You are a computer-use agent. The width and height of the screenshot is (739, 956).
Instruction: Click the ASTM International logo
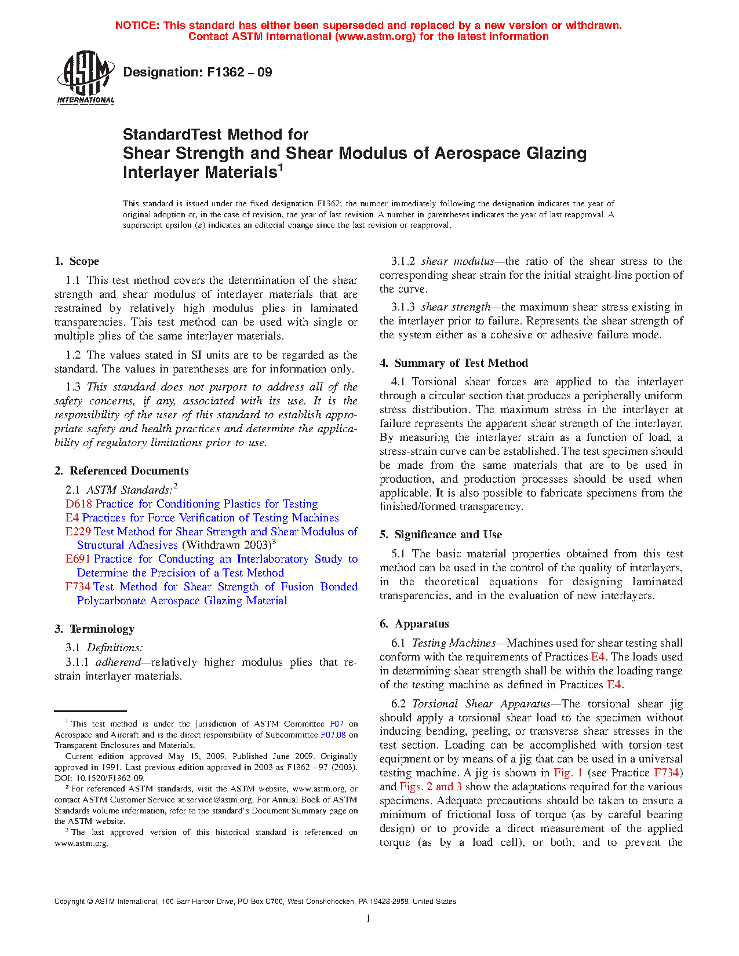(86, 78)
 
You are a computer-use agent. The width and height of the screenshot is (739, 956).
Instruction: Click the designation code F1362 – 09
(198, 72)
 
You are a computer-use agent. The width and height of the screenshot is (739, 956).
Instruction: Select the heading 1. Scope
(77, 261)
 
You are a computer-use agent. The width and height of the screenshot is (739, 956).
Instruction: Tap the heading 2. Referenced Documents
(122, 471)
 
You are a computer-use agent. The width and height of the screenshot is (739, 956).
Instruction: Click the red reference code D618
(78, 504)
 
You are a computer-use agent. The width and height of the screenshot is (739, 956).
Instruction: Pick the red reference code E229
(78, 532)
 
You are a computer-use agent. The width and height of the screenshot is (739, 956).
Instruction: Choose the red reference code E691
(78, 559)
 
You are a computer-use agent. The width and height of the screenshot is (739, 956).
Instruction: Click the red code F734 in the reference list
(78, 587)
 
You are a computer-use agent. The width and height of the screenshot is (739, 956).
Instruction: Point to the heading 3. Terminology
(94, 629)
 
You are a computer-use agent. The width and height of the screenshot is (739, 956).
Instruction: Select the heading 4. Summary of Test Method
(454, 363)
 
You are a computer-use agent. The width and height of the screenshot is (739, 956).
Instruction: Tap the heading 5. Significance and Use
(441, 535)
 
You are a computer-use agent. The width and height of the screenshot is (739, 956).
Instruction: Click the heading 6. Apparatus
(414, 624)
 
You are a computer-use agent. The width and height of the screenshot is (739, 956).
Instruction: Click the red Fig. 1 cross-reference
(568, 773)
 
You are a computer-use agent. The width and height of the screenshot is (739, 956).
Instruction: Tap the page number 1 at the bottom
(368, 918)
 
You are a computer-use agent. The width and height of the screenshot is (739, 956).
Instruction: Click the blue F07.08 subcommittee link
(333, 735)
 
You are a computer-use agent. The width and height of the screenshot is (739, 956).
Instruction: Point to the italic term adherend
(118, 662)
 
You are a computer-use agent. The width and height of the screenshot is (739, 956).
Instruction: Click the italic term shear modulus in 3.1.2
(457, 261)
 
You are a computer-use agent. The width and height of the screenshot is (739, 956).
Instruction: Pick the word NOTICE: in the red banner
(137, 25)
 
